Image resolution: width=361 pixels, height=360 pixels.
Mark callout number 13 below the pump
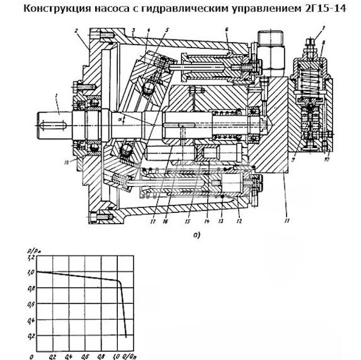coord(221,209)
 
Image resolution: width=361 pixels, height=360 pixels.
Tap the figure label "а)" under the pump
coord(195,235)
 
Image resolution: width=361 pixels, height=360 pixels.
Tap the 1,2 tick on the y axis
coord(29,257)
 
